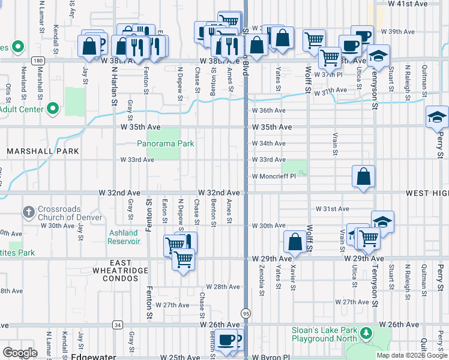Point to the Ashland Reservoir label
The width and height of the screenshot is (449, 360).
(x=124, y=237)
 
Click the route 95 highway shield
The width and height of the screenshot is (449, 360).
(x=246, y=313)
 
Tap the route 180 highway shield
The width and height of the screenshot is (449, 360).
(x=38, y=61)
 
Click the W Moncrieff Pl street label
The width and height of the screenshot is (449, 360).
(x=274, y=176)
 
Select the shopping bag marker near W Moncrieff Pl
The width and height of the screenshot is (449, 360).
(x=364, y=178)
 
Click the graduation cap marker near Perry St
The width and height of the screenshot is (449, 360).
(x=437, y=118)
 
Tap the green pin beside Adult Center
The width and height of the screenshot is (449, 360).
(x=53, y=109)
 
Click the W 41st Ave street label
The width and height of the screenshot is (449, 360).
(x=408, y=4)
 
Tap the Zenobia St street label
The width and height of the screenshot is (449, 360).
(x=262, y=278)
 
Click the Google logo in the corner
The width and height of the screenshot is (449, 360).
(x=20, y=352)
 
